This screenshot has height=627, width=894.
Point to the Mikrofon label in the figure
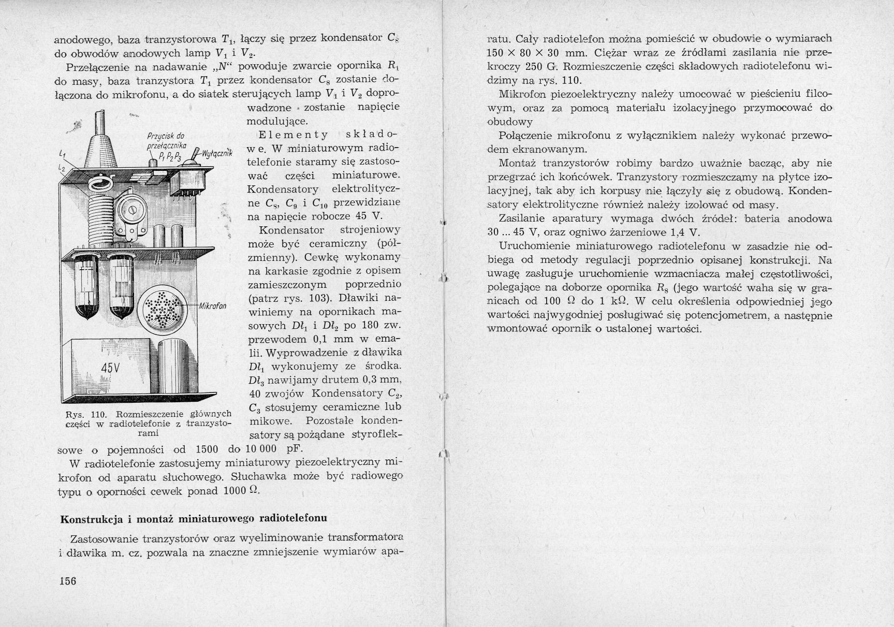pos(212,305)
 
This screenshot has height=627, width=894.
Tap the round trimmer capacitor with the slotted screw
pos(133,210)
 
